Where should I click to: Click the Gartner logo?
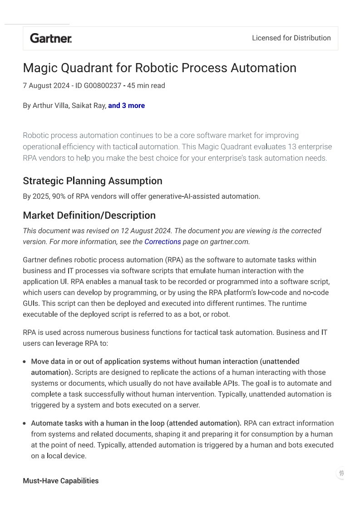click(51, 38)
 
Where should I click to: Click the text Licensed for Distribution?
click(291, 38)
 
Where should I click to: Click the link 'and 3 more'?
click(126, 106)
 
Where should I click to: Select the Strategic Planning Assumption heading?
click(92, 181)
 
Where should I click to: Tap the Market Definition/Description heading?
click(89, 215)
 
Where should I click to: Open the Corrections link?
click(163, 242)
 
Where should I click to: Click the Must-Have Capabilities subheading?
click(60, 481)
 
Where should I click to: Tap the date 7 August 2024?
click(46, 85)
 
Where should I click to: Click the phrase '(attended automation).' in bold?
click(204, 423)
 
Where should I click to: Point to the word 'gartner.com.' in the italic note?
click(230, 242)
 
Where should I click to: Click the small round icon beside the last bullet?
click(341, 473)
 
